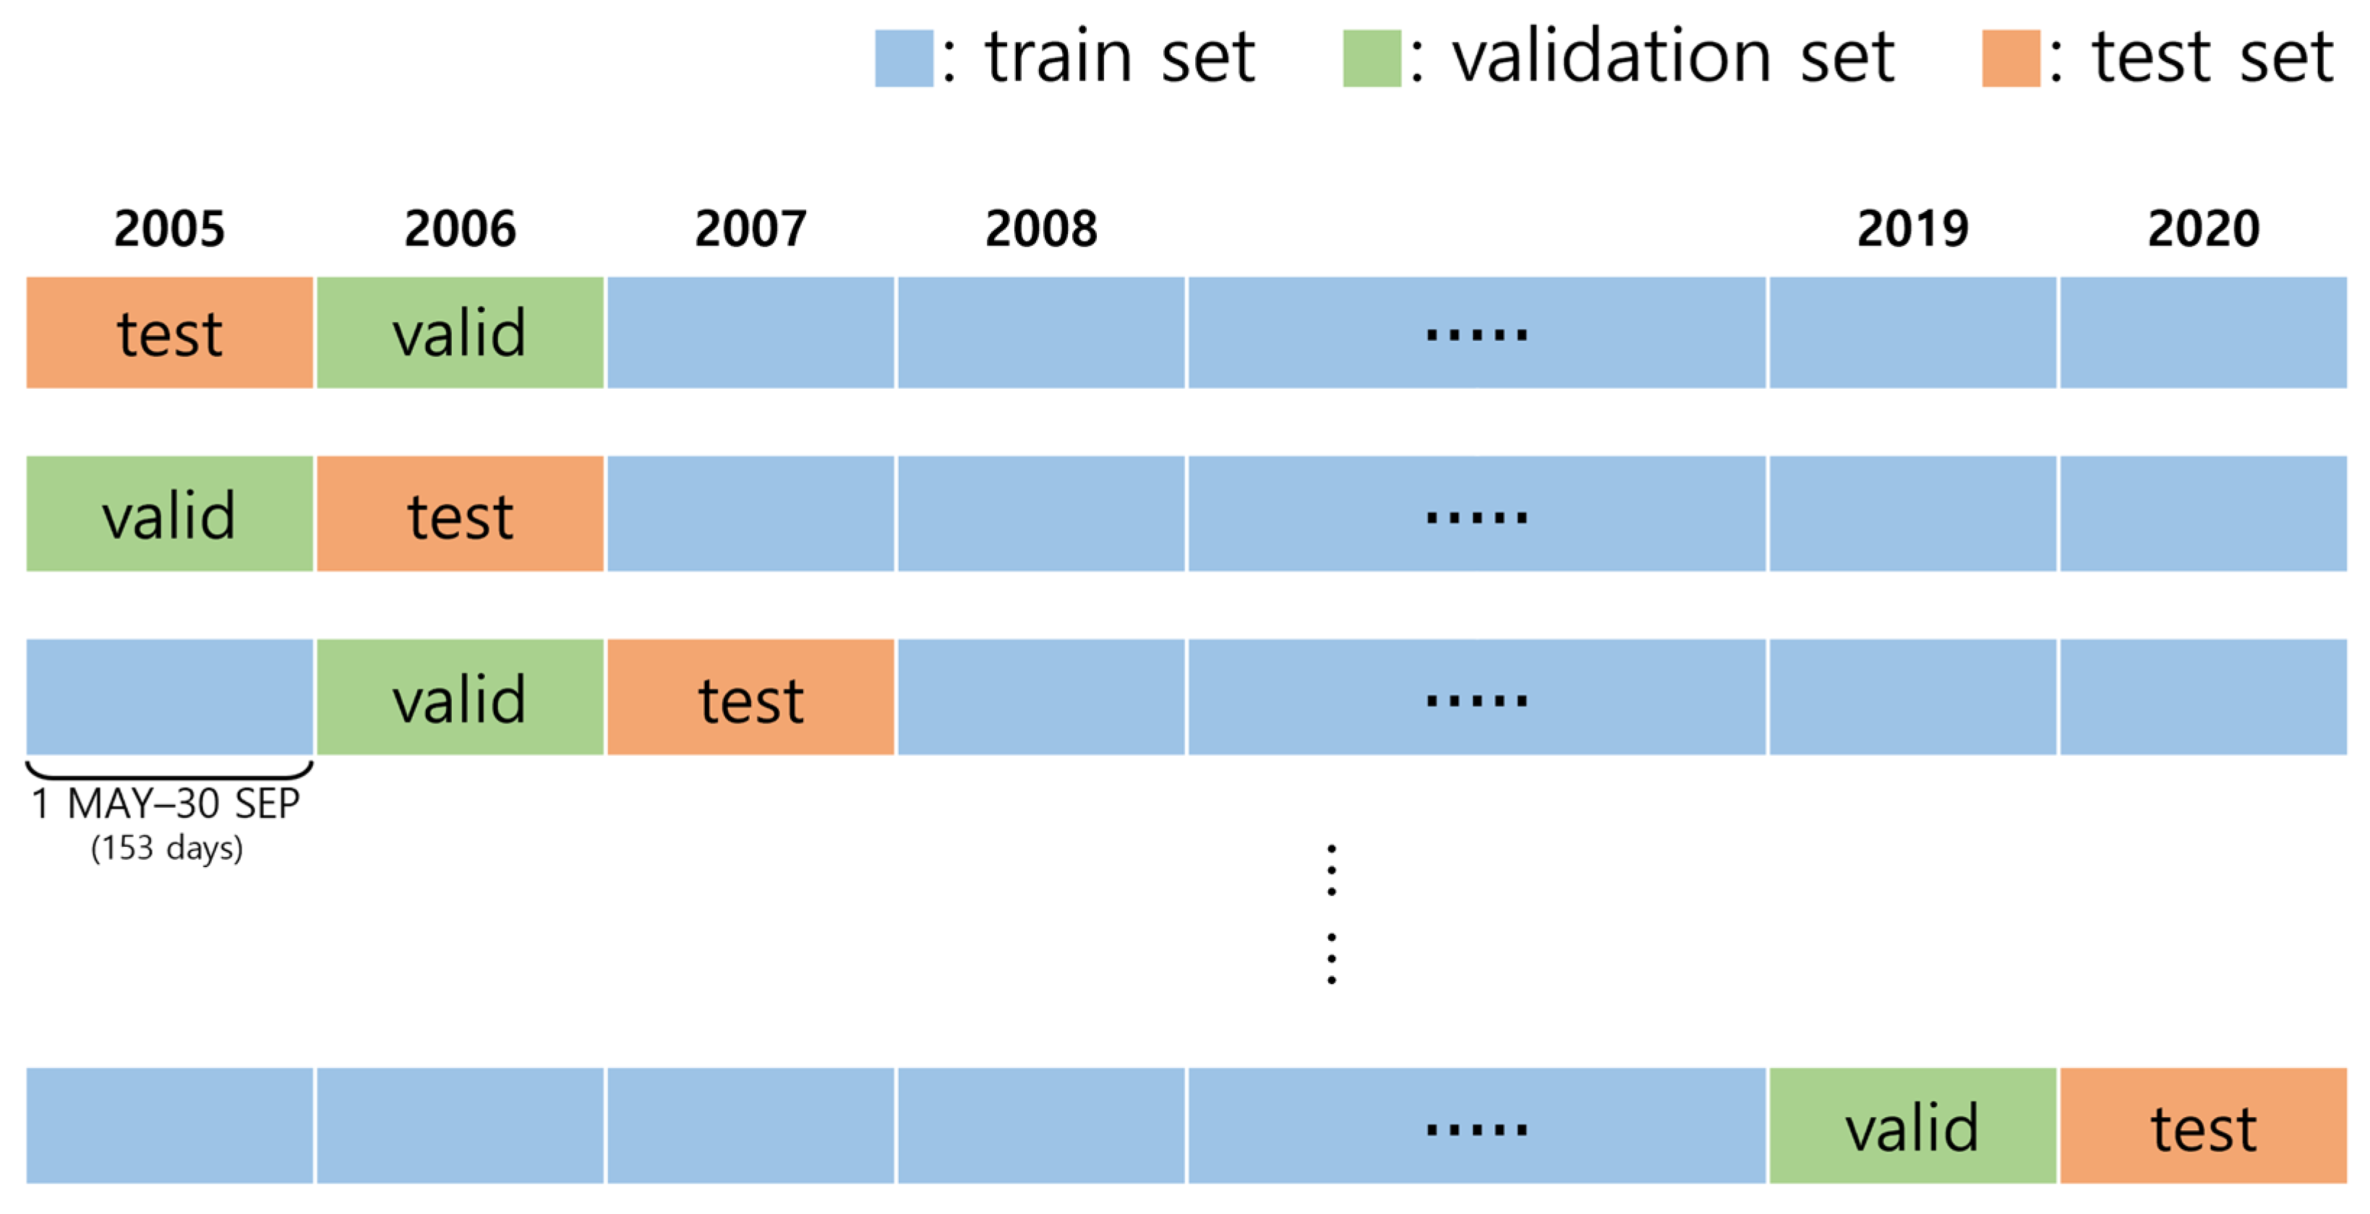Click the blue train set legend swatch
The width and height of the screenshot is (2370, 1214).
click(x=904, y=58)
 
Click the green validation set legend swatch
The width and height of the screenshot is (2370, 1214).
click(x=1371, y=58)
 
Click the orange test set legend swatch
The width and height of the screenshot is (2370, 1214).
click(x=2010, y=58)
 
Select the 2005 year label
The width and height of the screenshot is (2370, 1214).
click(x=169, y=228)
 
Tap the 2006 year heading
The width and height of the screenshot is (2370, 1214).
click(x=460, y=228)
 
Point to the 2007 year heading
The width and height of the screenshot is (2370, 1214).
click(x=750, y=228)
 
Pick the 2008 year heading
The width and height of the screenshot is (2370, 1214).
click(x=1041, y=228)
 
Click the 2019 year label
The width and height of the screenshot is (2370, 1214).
click(x=1913, y=228)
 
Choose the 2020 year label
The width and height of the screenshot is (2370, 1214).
click(x=2204, y=228)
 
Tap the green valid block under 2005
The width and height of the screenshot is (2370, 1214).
click(x=169, y=513)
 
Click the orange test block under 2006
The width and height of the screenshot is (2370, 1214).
click(x=460, y=513)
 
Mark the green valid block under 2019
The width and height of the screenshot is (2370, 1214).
click(x=1913, y=1125)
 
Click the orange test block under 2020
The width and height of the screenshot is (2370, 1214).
click(x=2204, y=1125)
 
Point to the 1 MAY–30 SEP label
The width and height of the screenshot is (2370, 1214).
click(x=166, y=804)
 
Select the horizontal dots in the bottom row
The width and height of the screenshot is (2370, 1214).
click(x=1476, y=1129)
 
